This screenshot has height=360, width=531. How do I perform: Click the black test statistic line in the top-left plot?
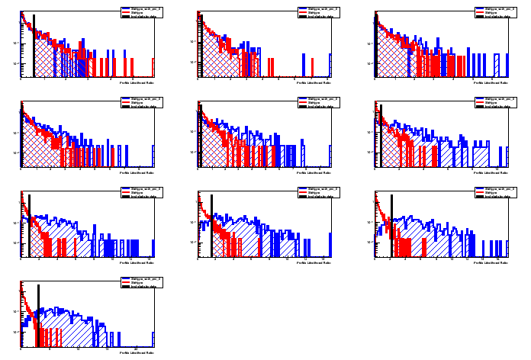34,46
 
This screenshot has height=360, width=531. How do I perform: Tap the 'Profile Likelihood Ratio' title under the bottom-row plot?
137,352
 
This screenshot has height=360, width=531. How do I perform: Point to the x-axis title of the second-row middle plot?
314,172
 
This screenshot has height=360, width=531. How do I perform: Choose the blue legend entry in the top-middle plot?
315,9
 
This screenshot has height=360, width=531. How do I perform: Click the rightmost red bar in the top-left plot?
153,67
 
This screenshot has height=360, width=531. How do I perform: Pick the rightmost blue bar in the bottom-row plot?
153,339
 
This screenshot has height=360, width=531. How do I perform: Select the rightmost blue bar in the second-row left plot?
153,156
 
